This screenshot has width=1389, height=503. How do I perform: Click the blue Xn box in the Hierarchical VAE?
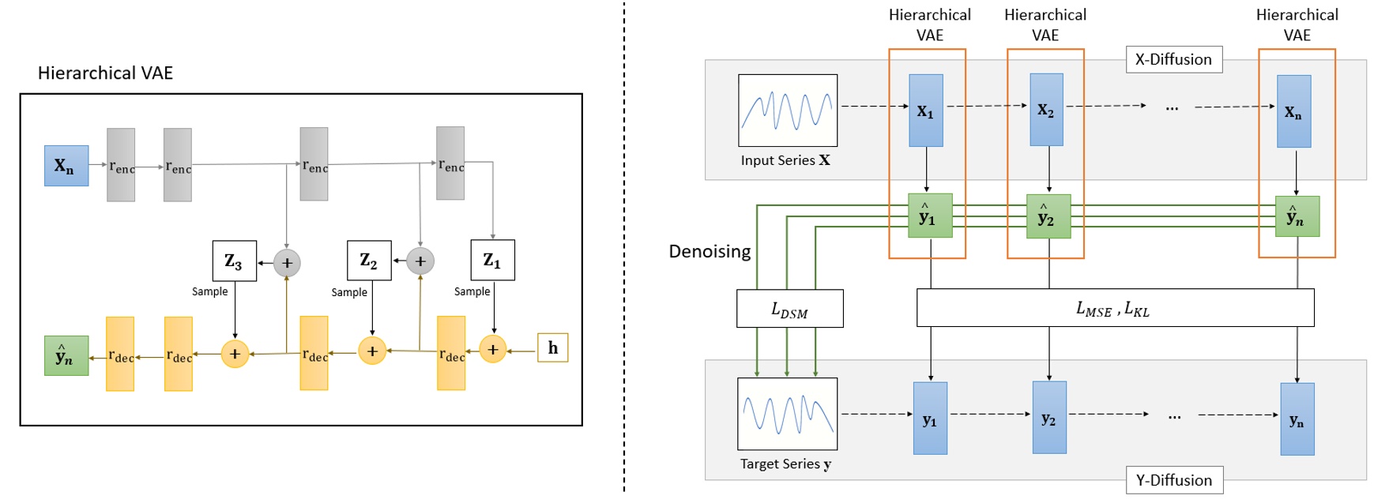[66, 166]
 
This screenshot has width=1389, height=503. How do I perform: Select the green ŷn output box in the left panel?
[66, 355]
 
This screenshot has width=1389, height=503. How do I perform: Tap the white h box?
[552, 347]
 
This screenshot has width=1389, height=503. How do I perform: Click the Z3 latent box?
[235, 261]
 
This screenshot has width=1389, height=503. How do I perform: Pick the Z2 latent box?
[369, 261]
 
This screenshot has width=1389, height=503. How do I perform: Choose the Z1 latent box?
[492, 260]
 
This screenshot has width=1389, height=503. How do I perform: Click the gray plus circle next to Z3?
[287, 263]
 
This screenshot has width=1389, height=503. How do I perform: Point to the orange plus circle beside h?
[492, 349]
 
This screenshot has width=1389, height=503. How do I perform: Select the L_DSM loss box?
[789, 309]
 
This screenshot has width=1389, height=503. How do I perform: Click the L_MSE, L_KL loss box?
[1115, 308]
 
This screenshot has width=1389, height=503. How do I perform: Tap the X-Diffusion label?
[1173, 59]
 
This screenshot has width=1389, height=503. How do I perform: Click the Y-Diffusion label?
[1174, 480]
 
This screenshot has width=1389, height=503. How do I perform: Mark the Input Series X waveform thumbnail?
[788, 111]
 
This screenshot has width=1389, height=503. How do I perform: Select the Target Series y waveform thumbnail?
[787, 414]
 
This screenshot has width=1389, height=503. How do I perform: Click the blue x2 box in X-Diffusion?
[1046, 110]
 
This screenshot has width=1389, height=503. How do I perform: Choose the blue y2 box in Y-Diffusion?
[1049, 418]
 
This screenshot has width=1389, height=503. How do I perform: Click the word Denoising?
[710, 251]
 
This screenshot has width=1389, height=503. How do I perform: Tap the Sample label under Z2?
[349, 292]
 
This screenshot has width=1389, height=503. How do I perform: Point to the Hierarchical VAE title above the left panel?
[105, 73]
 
